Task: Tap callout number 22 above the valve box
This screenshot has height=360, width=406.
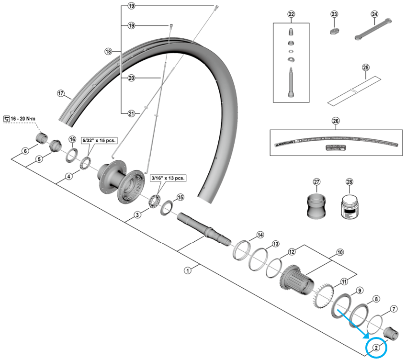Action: [x=291, y=14]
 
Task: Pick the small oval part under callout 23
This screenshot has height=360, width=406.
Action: [x=334, y=32]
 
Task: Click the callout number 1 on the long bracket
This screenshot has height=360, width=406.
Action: [x=188, y=270]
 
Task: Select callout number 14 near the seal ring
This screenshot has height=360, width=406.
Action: [x=260, y=235]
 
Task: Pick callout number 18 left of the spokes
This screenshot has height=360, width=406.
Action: [x=108, y=51]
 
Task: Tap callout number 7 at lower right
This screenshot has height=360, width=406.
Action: [x=394, y=309]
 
